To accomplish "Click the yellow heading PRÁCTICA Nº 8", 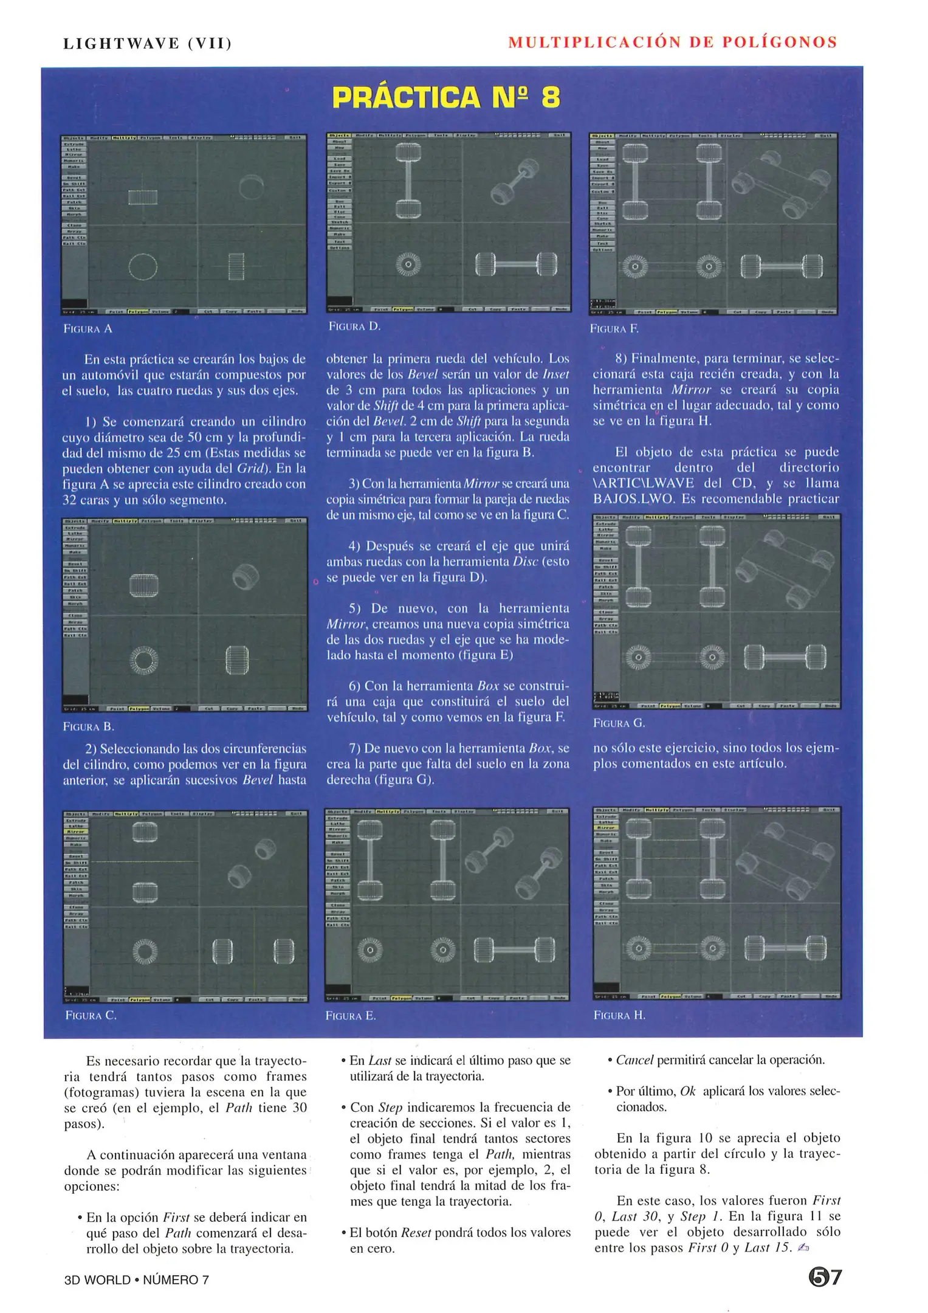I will click(446, 98).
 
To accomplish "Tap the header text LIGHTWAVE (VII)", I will click(147, 44).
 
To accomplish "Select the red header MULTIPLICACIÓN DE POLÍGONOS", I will click(673, 43).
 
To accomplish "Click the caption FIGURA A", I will click(88, 329).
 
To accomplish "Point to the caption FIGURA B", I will click(89, 726).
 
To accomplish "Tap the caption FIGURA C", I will click(91, 1015).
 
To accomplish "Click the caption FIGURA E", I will click(351, 1016).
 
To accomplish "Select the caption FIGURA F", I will click(614, 329).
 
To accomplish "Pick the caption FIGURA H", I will click(619, 1015).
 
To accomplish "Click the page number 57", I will click(825, 1277).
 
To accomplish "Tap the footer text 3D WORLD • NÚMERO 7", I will click(137, 1280).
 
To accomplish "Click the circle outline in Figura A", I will click(143, 266).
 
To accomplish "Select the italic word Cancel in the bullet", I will click(634, 1060).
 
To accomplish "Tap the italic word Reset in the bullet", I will click(416, 1233).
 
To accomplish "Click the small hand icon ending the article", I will click(803, 1248).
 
